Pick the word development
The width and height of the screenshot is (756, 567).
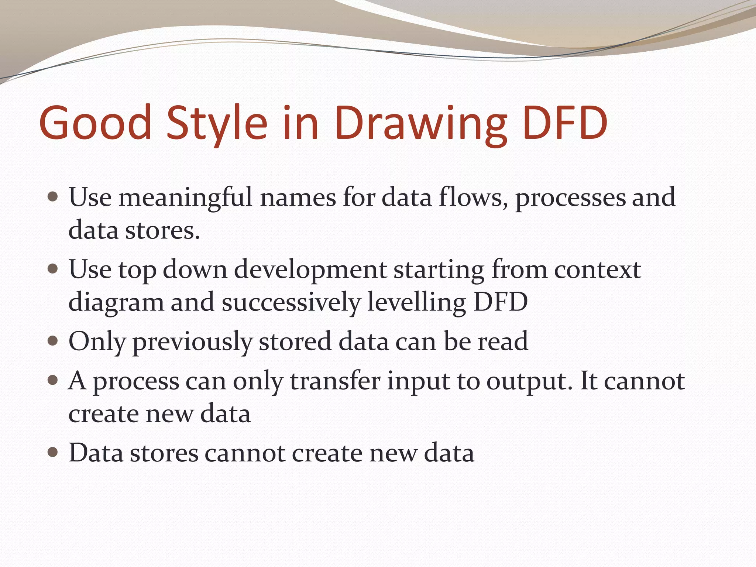coord(310,270)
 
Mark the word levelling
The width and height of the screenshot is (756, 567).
coord(417,302)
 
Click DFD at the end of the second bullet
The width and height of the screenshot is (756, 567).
coord(501,302)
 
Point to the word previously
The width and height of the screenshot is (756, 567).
coord(192,341)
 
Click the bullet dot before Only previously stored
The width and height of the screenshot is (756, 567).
coord(53,340)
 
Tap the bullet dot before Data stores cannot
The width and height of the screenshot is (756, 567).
coord(53,452)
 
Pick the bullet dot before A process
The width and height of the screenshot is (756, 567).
coord(53,380)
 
